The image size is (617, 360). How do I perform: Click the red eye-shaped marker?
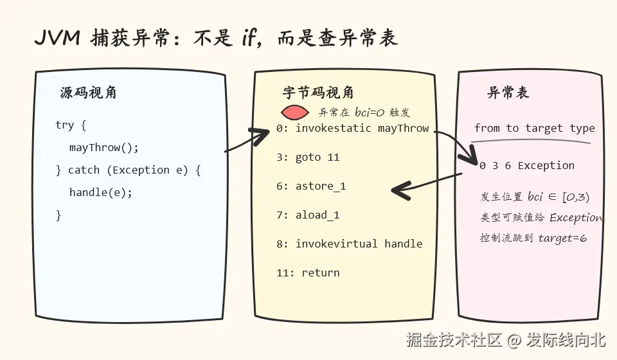pyautogui.click(x=295, y=113)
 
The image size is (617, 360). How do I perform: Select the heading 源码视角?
pyautogui.click(x=88, y=93)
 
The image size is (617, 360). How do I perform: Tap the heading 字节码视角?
pyautogui.click(x=318, y=93)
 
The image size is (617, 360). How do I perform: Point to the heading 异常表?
pyautogui.click(x=508, y=93)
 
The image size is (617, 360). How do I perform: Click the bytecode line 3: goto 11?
pyautogui.click(x=308, y=157)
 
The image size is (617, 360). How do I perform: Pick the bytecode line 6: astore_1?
pyautogui.click(x=311, y=186)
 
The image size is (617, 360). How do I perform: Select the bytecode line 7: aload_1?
pyautogui.click(x=308, y=215)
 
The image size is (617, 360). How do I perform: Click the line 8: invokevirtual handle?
pyautogui.click(x=350, y=244)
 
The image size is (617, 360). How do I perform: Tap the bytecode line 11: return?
pyautogui.click(x=308, y=273)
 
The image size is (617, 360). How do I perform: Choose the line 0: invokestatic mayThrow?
pyautogui.click(x=353, y=129)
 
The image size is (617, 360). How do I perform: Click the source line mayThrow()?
pyautogui.click(x=104, y=148)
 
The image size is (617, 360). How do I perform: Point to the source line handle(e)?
pyautogui.click(x=101, y=192)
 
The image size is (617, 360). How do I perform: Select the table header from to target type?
pyautogui.click(x=534, y=129)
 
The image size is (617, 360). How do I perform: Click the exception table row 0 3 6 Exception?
pyautogui.click(x=527, y=166)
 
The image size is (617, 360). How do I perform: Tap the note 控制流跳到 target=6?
pyautogui.click(x=533, y=238)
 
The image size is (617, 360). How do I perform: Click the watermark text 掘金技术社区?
pyautogui.click(x=454, y=339)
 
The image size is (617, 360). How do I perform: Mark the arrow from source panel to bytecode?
pyautogui.click(x=247, y=140)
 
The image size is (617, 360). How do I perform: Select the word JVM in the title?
pyautogui.click(x=58, y=38)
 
